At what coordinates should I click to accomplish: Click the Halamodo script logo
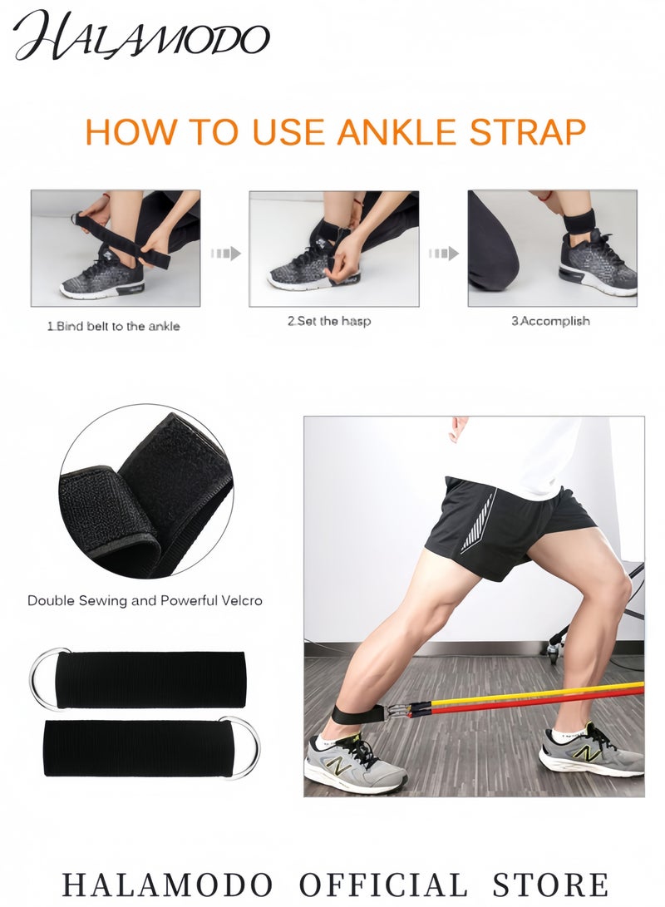141,37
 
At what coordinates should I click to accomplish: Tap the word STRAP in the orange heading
527,132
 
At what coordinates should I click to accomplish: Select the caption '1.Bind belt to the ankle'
114,326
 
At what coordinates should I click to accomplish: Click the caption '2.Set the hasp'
329,321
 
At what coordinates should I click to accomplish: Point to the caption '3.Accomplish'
550,321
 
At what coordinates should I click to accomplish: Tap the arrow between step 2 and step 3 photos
443,253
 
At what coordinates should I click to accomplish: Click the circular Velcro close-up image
146,491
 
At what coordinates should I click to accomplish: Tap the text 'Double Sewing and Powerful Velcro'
145,599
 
